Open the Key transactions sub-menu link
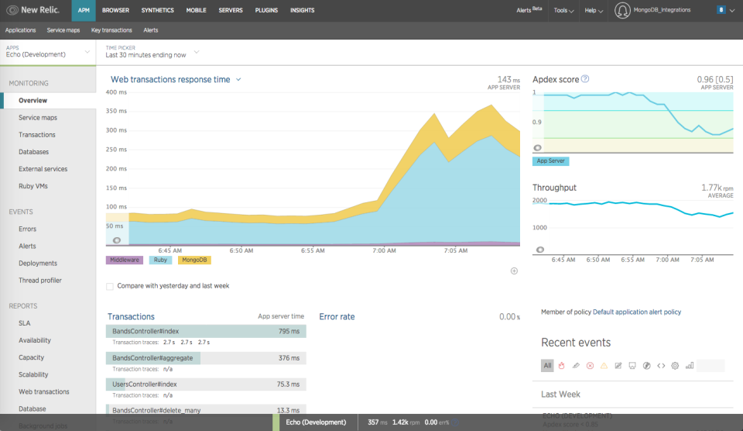(111, 30)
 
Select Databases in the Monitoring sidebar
(33, 152)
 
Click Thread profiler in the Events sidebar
(39, 281)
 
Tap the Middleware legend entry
(123, 260)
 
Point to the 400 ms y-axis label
(116, 92)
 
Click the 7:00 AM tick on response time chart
(384, 251)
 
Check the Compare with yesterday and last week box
(110, 286)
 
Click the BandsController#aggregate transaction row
(152, 358)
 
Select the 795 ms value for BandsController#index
(289, 332)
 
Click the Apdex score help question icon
(585, 79)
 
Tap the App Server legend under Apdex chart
(550, 161)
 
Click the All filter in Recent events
(547, 365)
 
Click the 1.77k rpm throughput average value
(711, 187)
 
